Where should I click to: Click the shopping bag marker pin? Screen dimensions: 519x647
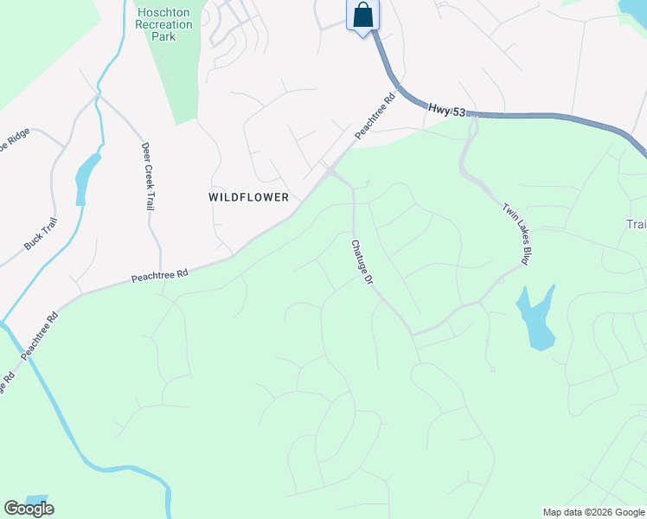[x=363, y=16]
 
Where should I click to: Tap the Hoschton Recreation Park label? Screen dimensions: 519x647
[x=164, y=25]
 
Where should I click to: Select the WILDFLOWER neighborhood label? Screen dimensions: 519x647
[x=248, y=197]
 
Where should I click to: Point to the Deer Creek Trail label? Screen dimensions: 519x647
[x=146, y=176]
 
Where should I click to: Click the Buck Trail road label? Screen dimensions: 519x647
[x=40, y=234]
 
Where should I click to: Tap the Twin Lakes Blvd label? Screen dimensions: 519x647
[x=516, y=234]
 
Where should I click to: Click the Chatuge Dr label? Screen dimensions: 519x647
[x=362, y=263]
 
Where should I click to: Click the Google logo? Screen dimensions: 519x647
[x=29, y=509]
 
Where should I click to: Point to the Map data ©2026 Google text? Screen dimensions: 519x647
[x=593, y=512]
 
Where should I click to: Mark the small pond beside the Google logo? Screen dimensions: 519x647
[x=36, y=500]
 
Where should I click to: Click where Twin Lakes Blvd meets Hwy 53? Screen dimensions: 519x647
[x=475, y=115]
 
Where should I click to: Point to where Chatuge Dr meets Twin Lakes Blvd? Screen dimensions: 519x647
[x=413, y=334]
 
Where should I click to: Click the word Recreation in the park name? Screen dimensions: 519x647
[x=164, y=25]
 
